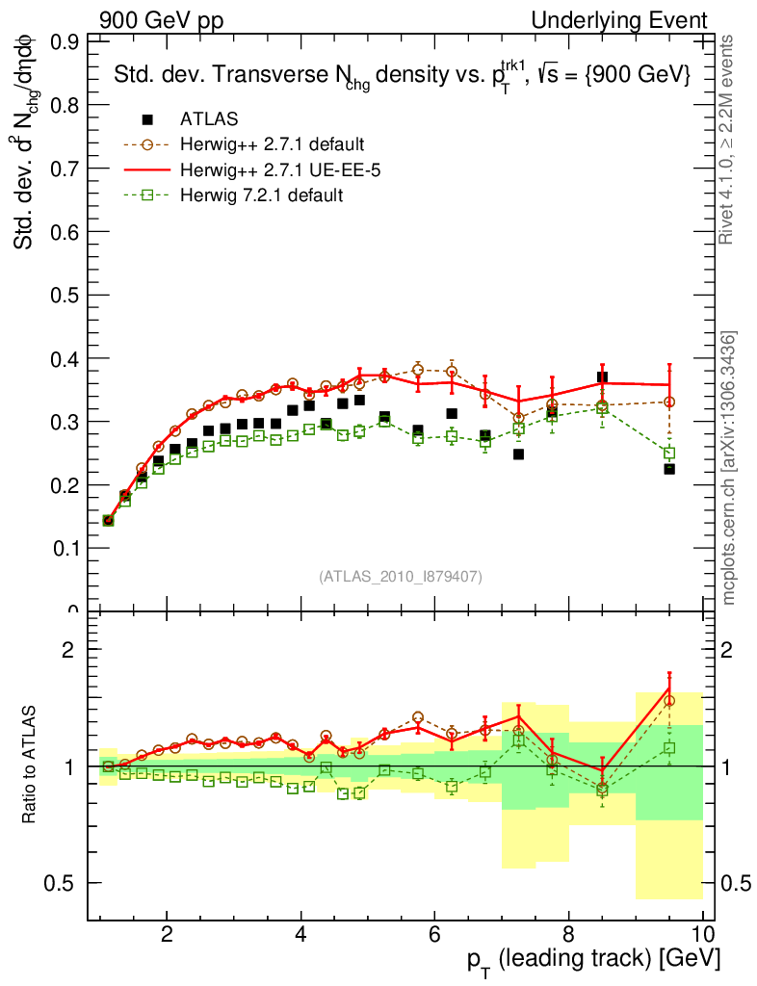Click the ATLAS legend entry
(x=208, y=120)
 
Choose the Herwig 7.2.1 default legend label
(x=261, y=195)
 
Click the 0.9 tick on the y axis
(x=65, y=41)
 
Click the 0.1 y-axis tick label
(x=65, y=548)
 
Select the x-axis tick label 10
(x=702, y=934)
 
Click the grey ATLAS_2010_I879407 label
(x=401, y=577)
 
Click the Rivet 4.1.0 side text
(x=729, y=140)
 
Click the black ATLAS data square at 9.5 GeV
(x=669, y=469)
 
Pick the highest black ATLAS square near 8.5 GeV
(x=602, y=377)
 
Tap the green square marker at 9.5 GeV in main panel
(x=669, y=453)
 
